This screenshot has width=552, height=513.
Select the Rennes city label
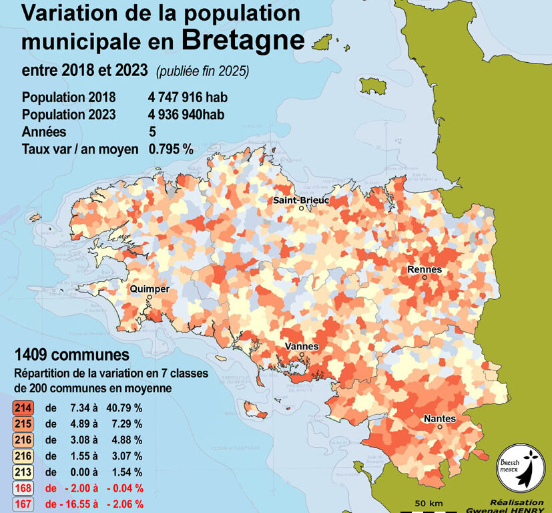425,269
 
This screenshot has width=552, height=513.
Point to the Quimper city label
150,289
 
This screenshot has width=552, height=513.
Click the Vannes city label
301,346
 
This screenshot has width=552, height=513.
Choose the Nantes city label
439,419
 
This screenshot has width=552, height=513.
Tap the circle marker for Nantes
440,427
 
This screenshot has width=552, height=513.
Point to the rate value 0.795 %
171,149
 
